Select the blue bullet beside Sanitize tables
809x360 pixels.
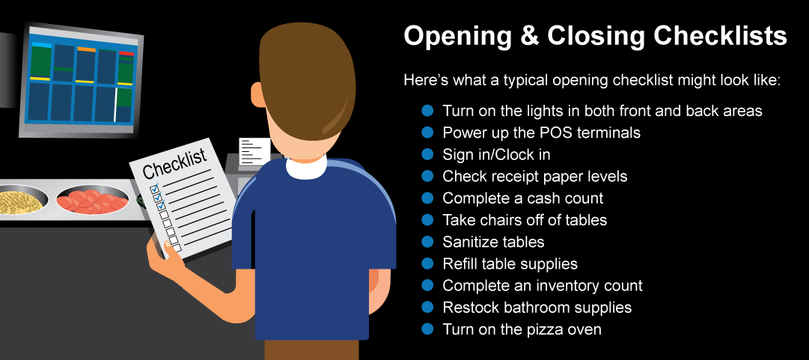tap(427, 242)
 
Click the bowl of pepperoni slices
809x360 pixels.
tap(92, 199)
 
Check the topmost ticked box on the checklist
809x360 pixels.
tap(153, 189)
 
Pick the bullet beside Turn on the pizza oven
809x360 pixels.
tap(427, 329)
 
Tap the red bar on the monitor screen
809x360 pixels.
tap(126, 53)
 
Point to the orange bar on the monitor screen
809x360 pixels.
tap(86, 49)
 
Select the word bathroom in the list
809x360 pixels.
tap(541, 308)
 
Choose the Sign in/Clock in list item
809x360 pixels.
tap(496, 155)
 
